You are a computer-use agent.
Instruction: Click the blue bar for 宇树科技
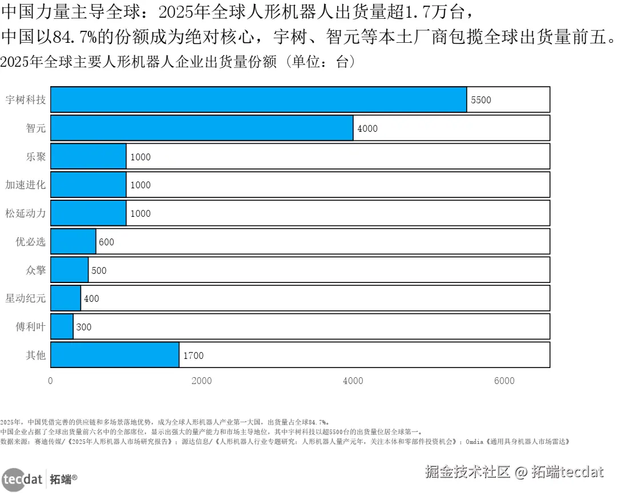pos(258,100)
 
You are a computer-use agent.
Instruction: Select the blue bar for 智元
pos(202,128)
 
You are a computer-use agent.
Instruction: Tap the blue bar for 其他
pos(115,355)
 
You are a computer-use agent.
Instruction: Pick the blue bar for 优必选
pos(73,241)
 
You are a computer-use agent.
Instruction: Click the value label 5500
pos(480,100)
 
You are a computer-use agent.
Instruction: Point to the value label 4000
pos(367,128)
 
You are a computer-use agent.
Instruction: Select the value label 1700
pos(193,355)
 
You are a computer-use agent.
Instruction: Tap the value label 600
pos(106,242)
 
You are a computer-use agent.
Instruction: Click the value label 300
pos(83,327)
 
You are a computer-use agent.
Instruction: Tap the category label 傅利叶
pos(30,327)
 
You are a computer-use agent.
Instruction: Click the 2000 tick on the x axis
pos(202,381)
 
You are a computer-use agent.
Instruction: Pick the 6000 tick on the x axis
pos(504,381)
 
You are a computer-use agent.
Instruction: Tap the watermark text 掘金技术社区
pos(467,472)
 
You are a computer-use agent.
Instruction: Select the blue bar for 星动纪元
pos(66,298)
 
